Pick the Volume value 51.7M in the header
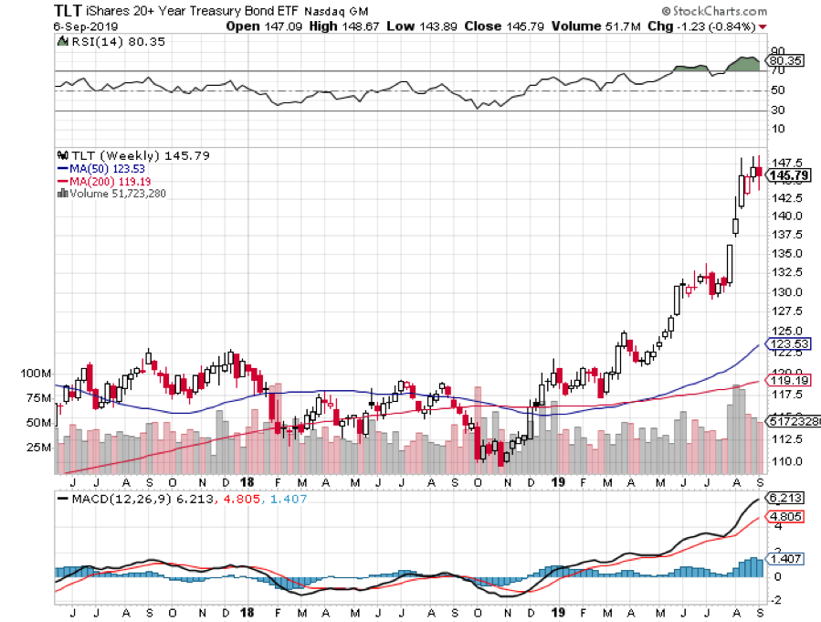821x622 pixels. pyautogui.click(x=587, y=26)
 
